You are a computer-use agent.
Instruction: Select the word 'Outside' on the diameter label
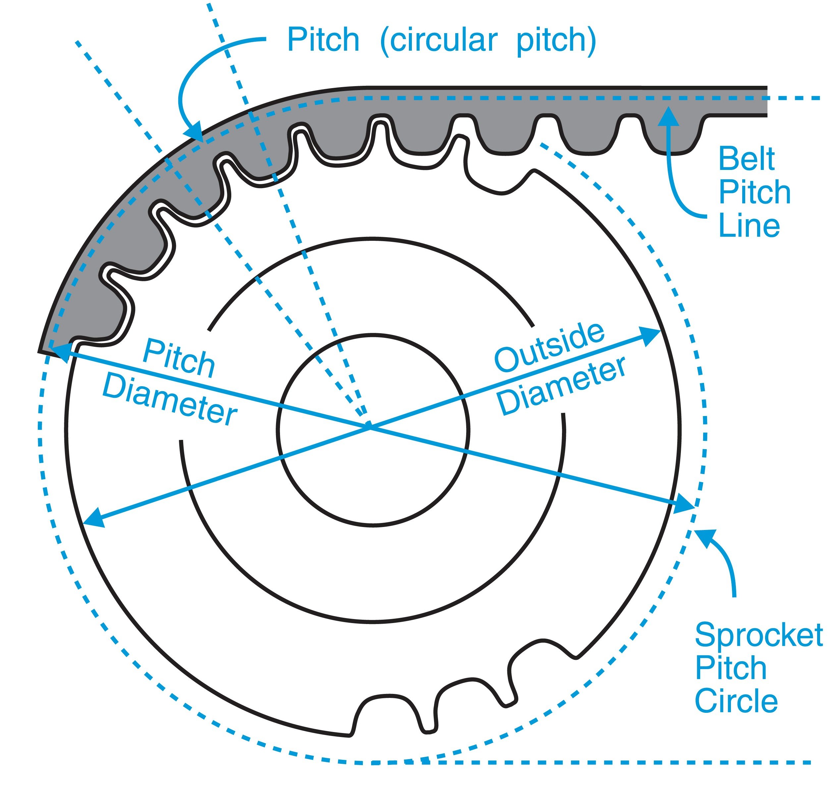pos(549,347)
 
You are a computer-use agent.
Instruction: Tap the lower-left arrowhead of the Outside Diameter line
pos(92,519)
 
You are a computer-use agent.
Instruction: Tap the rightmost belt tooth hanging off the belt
pos(670,138)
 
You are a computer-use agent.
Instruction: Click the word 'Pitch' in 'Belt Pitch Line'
pos(754,192)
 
